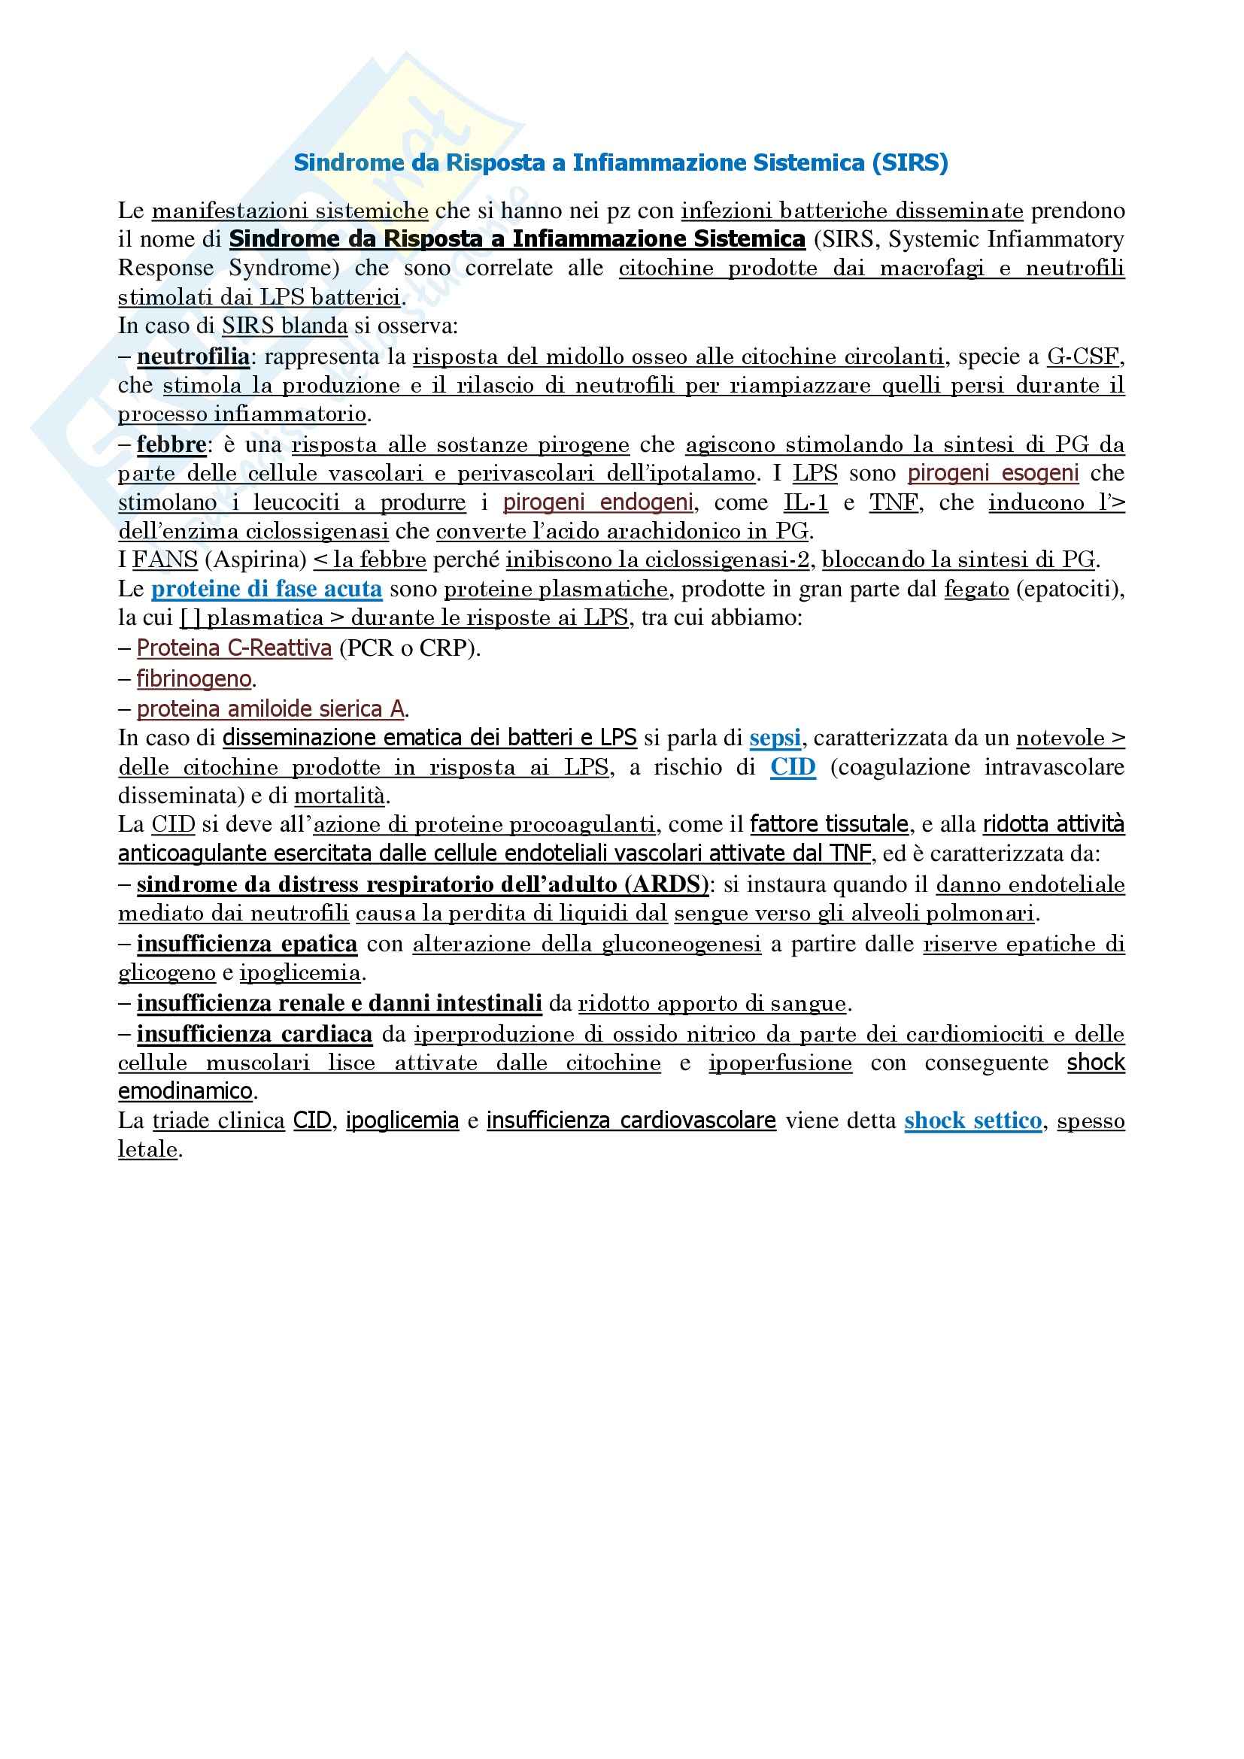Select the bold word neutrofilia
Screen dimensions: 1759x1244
(193, 357)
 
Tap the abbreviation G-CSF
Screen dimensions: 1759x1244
(1082, 357)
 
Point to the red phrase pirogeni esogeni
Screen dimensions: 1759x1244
(993, 474)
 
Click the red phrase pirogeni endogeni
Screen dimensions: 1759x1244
(597, 502)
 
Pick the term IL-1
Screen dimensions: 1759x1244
(806, 502)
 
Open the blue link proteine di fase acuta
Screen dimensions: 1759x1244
(266, 589)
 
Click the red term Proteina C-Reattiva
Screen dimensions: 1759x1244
(234, 648)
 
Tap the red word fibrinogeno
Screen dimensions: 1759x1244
(194, 679)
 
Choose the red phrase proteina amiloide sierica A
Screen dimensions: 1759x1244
(271, 709)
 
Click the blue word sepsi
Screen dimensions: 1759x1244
(775, 738)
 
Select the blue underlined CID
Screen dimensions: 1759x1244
(793, 767)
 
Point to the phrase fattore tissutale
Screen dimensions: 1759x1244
(829, 824)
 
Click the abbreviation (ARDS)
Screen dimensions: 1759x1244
(666, 885)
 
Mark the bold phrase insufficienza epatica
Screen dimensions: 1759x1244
(247, 945)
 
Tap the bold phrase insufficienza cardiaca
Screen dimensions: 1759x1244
(254, 1035)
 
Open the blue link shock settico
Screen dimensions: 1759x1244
(972, 1121)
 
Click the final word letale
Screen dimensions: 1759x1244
(148, 1150)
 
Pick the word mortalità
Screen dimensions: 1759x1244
(339, 796)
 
